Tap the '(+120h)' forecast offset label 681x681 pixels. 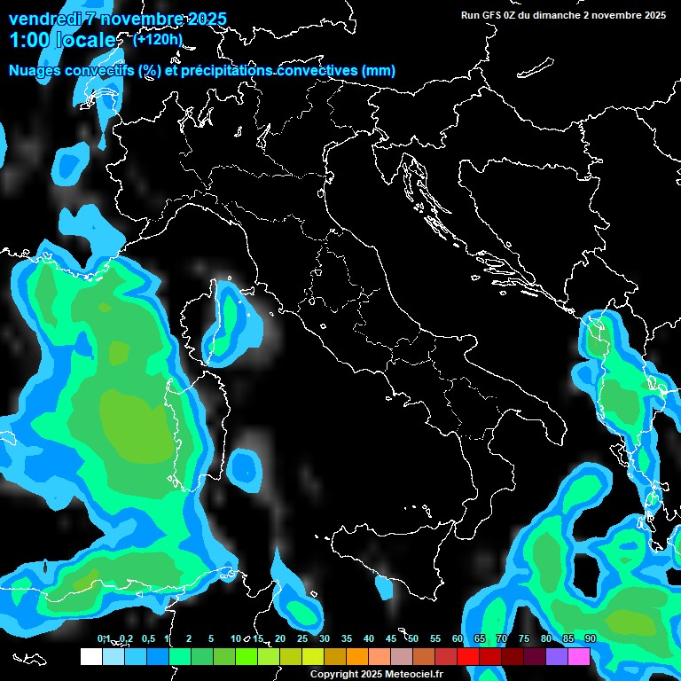click(x=158, y=39)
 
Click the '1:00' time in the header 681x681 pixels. click(x=28, y=40)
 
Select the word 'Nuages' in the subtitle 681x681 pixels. click(x=35, y=70)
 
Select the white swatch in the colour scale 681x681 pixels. click(x=90, y=656)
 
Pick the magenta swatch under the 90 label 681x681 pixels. click(x=579, y=656)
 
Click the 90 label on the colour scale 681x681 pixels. click(x=590, y=639)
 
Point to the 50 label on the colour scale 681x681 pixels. click(x=412, y=639)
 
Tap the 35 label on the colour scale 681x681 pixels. click(x=346, y=639)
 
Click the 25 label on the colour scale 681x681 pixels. click(x=301, y=639)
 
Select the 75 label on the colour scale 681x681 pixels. click(x=523, y=639)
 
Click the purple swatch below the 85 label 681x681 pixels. click(x=557, y=656)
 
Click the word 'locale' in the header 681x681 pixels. click(x=85, y=40)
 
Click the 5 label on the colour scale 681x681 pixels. click(x=211, y=639)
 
